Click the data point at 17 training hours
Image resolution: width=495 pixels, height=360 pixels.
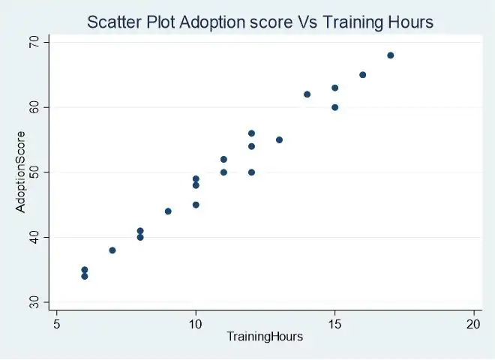point(390,55)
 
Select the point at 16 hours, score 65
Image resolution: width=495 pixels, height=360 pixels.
point(362,75)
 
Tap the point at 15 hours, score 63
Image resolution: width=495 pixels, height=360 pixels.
point(334,88)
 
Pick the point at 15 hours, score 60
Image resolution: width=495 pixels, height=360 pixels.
point(334,107)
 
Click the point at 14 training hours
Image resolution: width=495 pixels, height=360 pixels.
point(307,94)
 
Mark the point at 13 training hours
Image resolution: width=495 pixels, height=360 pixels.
point(279,140)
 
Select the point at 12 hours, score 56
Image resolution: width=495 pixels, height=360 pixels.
point(251,133)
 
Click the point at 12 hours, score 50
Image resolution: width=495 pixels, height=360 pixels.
point(251,172)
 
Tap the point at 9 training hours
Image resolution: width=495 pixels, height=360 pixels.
point(168,211)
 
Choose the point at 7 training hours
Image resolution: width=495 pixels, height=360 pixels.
point(112,250)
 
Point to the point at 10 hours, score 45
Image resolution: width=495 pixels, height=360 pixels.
point(196,205)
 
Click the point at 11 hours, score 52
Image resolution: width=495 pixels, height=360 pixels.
point(223,160)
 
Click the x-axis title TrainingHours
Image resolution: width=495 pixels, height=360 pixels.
point(265,337)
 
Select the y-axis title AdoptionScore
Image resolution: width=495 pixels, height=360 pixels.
point(21,172)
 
